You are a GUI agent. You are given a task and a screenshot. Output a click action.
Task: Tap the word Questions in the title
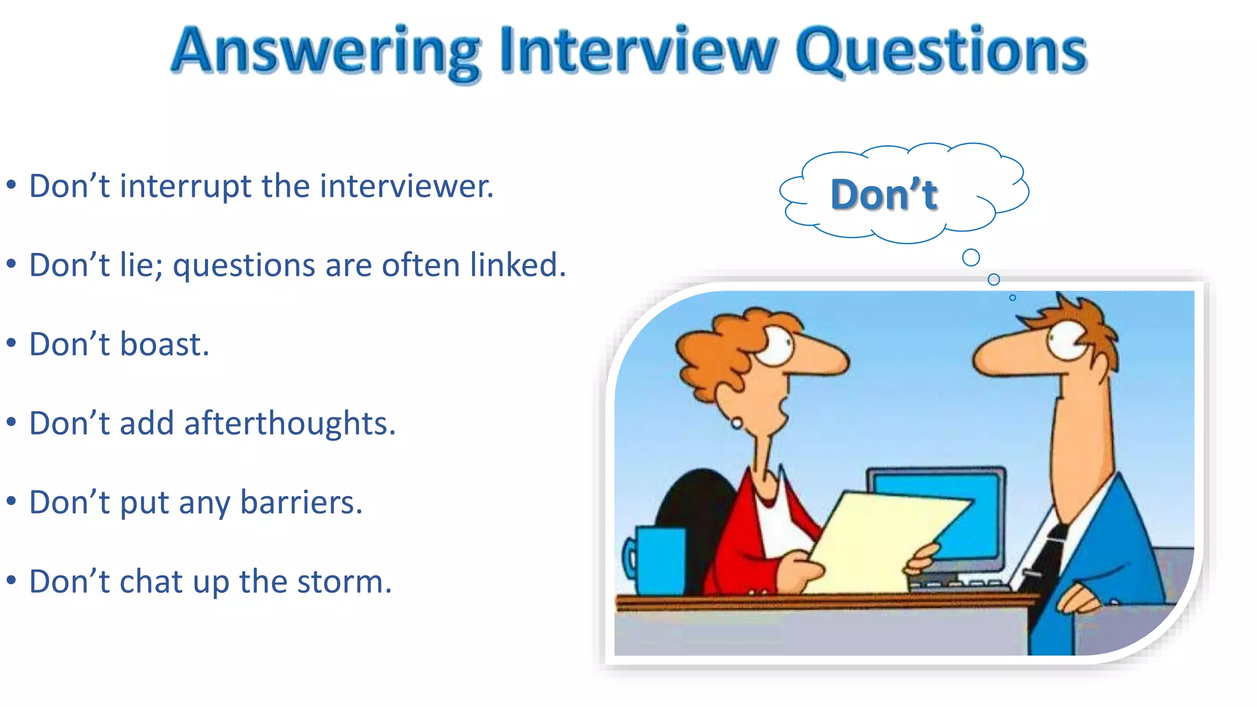[x=942, y=52]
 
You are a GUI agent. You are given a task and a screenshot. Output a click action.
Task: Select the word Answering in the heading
[x=325, y=52]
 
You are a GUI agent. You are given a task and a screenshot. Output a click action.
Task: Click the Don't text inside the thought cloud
[x=884, y=195]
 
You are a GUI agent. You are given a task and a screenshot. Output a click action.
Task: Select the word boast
[x=164, y=344]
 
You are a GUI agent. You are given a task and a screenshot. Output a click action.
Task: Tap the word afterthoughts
[x=290, y=423]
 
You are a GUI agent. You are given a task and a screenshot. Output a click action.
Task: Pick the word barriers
[x=301, y=503]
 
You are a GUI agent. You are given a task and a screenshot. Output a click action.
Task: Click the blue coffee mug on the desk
[x=660, y=560]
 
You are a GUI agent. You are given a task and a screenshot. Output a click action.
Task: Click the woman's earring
[x=736, y=423]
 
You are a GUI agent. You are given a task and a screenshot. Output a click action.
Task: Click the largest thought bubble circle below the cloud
[x=971, y=257]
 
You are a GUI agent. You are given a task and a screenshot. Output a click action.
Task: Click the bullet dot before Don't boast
[x=11, y=344]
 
